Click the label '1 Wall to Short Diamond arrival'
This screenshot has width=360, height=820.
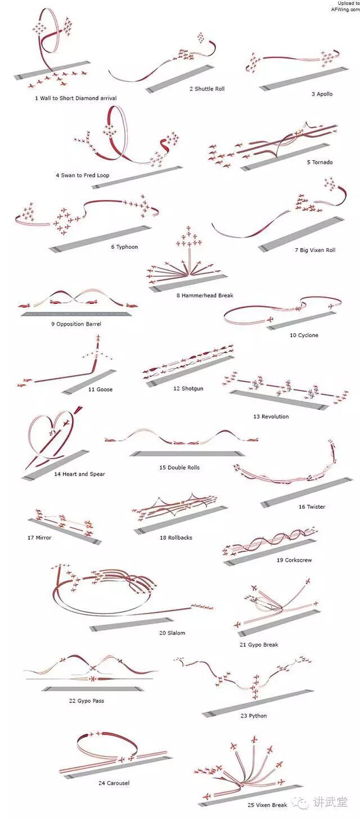tap(76, 98)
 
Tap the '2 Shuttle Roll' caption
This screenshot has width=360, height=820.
tap(207, 88)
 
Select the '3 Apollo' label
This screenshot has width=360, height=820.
tap(322, 94)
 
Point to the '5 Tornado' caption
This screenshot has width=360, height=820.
tap(319, 162)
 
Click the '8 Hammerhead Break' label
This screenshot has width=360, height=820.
tap(205, 295)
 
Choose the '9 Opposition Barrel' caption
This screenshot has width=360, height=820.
tap(76, 324)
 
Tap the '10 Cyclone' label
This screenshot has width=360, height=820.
tap(304, 335)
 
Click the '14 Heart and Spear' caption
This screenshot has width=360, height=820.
tap(79, 474)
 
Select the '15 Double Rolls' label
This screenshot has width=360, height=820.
tap(179, 468)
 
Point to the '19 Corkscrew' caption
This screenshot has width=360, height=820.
tap(294, 560)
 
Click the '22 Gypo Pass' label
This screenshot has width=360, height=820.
tap(86, 701)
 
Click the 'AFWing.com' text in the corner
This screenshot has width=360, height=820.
tap(345, 10)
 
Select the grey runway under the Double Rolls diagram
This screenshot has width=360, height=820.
tap(187, 454)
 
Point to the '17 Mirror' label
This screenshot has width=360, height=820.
tap(39, 537)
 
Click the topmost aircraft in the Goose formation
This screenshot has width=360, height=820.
tap(99, 338)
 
